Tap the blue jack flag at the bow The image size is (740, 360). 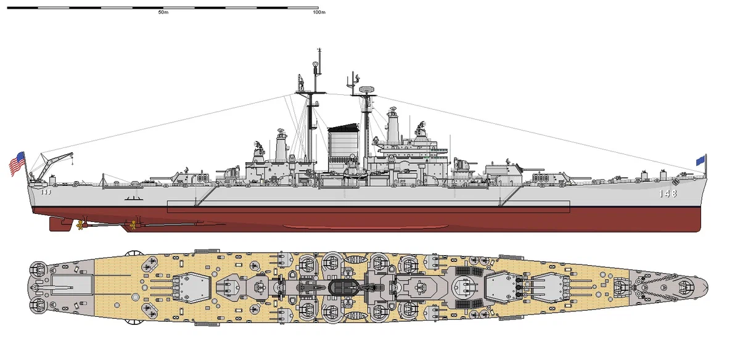point(701,160)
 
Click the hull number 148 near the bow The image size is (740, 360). point(667,193)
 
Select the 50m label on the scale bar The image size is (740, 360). point(163,12)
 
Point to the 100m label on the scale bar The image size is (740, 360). point(319,12)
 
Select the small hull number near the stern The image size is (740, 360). point(45,192)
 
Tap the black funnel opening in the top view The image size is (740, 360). point(340,287)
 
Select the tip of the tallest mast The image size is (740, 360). point(319,47)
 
